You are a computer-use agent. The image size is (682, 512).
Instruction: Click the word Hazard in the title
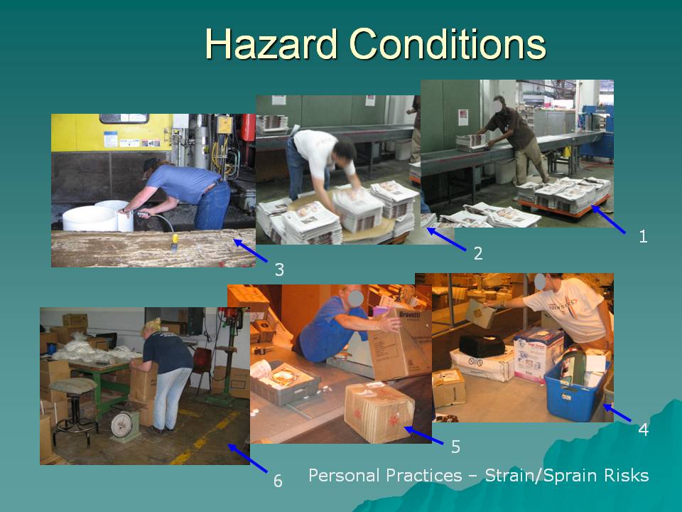(271, 44)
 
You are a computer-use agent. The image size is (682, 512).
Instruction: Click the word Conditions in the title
(448, 44)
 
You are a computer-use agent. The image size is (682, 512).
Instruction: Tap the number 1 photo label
(643, 236)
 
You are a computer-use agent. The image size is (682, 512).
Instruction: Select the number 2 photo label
(478, 253)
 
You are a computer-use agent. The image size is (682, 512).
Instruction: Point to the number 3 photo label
(279, 270)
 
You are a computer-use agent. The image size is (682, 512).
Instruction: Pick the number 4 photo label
(644, 430)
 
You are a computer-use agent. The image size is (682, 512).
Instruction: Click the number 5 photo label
(455, 447)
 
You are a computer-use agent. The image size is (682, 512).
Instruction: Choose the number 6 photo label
(278, 481)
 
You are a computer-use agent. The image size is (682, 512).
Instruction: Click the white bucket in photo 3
(97, 216)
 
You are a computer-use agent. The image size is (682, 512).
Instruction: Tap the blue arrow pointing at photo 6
(247, 458)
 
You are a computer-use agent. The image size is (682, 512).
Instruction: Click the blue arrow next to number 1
(608, 220)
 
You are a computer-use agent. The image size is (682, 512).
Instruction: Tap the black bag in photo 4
(482, 346)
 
